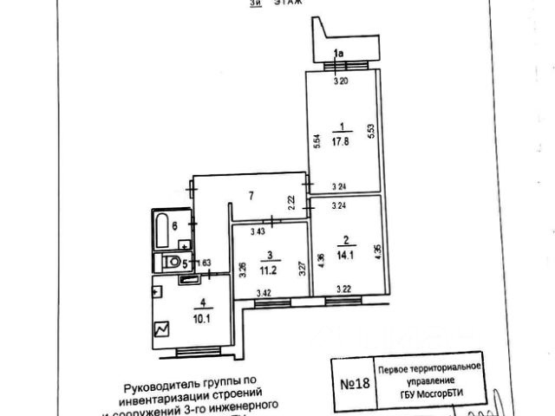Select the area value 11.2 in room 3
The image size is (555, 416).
tap(270, 268)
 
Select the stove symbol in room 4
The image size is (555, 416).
tap(161, 328)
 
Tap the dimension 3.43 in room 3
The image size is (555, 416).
tap(258, 231)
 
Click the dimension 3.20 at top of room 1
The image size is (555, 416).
tap(341, 81)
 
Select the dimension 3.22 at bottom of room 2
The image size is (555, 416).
tap(345, 288)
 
